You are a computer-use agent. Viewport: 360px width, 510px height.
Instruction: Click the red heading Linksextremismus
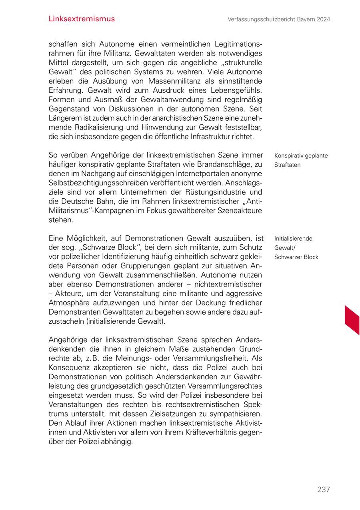pyautogui.click(x=81, y=19)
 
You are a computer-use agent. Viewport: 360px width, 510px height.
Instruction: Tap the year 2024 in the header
pyautogui.click(x=322, y=19)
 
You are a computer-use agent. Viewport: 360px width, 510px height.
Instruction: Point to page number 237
pyautogui.click(x=323, y=490)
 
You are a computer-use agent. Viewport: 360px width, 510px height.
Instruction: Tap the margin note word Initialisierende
pyautogui.click(x=293, y=239)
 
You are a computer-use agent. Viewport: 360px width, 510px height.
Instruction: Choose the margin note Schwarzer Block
pyautogui.click(x=296, y=257)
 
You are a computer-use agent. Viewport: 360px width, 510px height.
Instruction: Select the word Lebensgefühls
pyautogui.click(x=238, y=90)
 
